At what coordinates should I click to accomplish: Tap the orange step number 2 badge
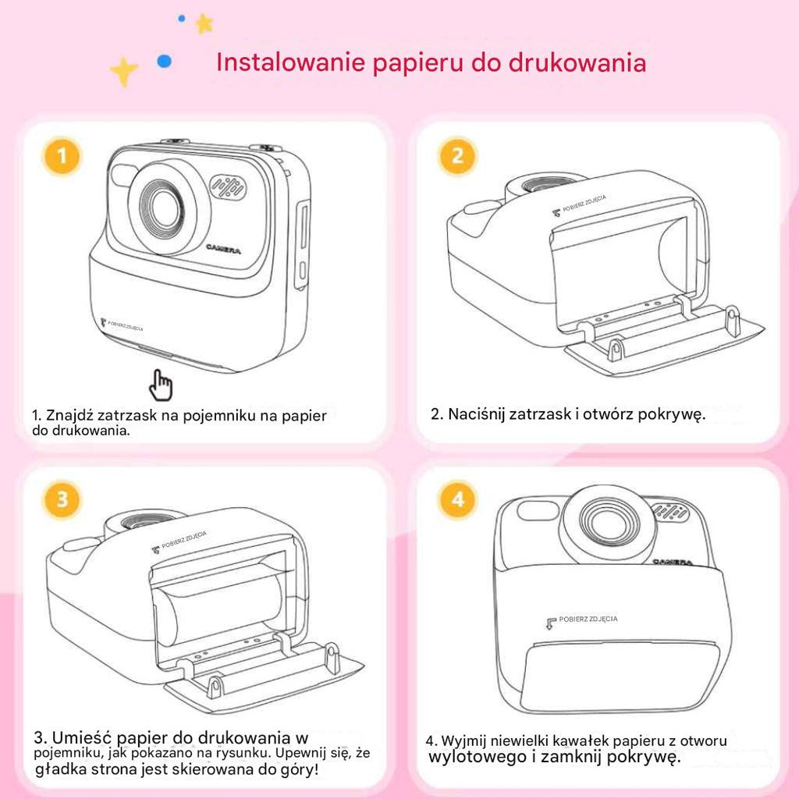[457, 158]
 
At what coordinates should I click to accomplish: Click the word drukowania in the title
[577, 62]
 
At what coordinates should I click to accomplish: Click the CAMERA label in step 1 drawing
[224, 249]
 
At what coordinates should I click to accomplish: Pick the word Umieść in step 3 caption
[81, 737]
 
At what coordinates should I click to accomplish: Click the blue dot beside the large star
[164, 62]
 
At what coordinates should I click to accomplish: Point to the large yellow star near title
[123, 72]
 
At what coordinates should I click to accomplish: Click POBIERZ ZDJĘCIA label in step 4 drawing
[587, 619]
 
